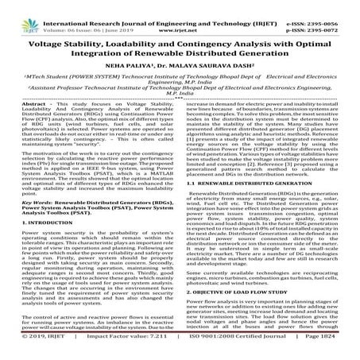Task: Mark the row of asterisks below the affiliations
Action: pyautogui.click(x=180, y=114)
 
